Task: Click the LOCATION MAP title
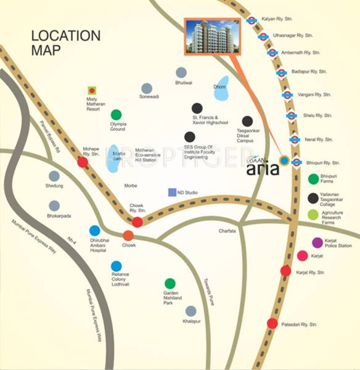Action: pyautogui.click(x=66, y=43)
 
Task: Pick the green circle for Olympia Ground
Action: pyautogui.click(x=116, y=114)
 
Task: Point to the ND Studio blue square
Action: pyautogui.click(x=172, y=192)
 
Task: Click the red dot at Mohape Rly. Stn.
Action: pyautogui.click(x=82, y=162)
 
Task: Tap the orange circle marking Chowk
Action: pyautogui.click(x=128, y=235)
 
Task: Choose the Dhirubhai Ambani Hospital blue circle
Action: pyautogui.click(x=94, y=231)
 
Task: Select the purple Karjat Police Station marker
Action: pyautogui.click(x=317, y=242)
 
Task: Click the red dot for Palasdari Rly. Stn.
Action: pyautogui.click(x=272, y=323)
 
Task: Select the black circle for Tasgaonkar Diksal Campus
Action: pyautogui.click(x=247, y=121)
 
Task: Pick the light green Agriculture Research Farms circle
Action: pyautogui.click(x=313, y=215)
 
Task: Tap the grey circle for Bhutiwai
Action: pyautogui.click(x=181, y=73)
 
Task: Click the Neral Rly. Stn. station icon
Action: pyautogui.click(x=294, y=139)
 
